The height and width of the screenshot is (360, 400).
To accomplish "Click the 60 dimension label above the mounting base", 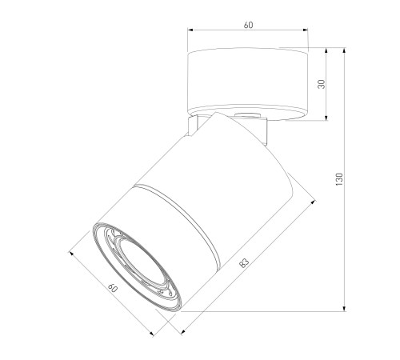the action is coord(248,25).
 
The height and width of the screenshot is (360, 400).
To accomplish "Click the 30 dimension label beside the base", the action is coord(322,84).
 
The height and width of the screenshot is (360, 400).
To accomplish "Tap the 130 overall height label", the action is coord(339,179).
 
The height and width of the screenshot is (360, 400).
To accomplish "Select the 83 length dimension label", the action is coord(244,262).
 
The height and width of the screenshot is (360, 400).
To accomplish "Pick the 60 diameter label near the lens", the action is coord(113,288).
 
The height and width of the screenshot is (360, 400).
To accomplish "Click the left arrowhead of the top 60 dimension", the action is coord(190,30).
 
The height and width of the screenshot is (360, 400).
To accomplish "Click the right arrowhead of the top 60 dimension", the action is coord(306,30).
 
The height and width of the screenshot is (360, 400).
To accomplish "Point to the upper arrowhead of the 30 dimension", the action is coord(326,50).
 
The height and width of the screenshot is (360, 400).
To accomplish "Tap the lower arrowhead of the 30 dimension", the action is coord(326,118).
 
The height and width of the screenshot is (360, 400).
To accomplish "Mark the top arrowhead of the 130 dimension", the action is coord(345,50).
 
